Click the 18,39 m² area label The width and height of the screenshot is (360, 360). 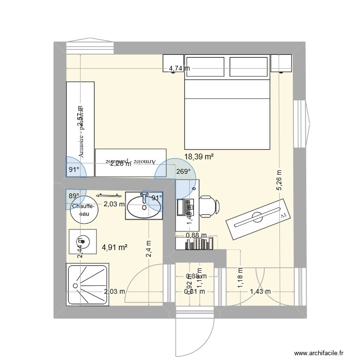point(199,156)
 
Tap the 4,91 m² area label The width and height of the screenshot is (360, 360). point(114,248)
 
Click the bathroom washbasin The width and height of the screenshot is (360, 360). point(144,205)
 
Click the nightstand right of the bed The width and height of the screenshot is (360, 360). point(281,63)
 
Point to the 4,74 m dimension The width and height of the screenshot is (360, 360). point(179,69)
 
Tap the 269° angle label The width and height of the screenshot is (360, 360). point(183,171)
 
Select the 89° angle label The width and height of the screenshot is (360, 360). point(73,196)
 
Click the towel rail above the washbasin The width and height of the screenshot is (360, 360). point(108,195)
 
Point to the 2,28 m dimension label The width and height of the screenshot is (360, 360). point(120,164)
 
